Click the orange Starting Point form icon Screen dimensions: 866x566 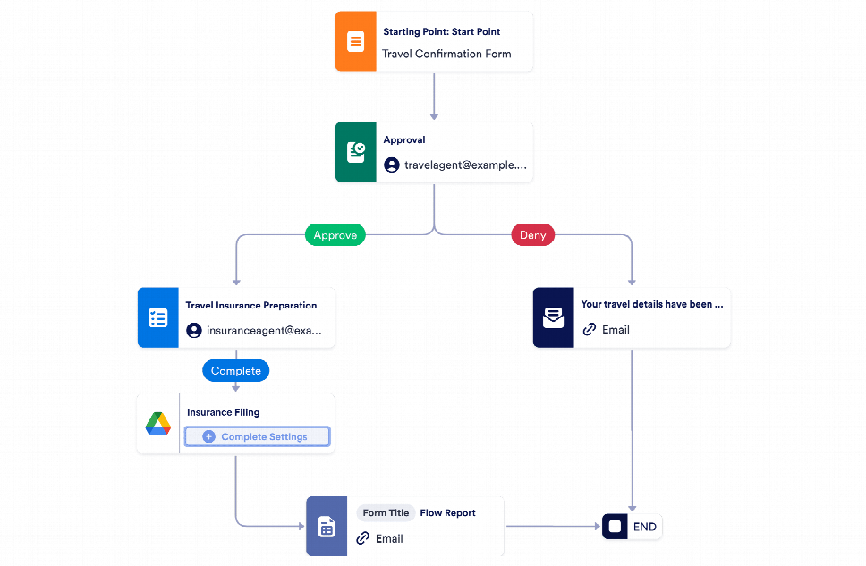pyautogui.click(x=356, y=41)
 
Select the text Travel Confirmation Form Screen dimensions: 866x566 pyautogui.click(x=446, y=54)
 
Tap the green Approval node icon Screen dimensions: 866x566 pyautogui.click(x=356, y=152)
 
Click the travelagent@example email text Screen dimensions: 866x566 pyautogui.click(x=465, y=165)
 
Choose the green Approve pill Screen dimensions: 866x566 pyautogui.click(x=335, y=234)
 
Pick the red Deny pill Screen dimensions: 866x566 pyautogui.click(x=533, y=234)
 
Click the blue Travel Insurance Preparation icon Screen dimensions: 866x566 pyautogui.click(x=158, y=317)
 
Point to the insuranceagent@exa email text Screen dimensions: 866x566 pyautogui.click(x=264, y=330)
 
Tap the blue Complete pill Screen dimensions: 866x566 pyautogui.click(x=236, y=370)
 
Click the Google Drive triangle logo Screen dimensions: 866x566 pyautogui.click(x=158, y=424)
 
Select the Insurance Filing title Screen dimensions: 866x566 pyautogui.click(x=223, y=412)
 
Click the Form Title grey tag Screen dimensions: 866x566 pyautogui.click(x=386, y=513)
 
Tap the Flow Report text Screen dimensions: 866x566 pyautogui.click(x=447, y=513)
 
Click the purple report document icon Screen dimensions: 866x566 pyautogui.click(x=327, y=527)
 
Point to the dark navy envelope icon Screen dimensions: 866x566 pyautogui.click(x=554, y=317)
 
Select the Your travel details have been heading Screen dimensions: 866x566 pyautogui.click(x=651, y=304)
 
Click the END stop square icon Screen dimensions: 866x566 pyautogui.click(x=615, y=527)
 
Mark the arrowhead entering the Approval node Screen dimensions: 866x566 pyautogui.click(x=434, y=116)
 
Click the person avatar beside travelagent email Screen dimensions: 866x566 pyautogui.click(x=392, y=165)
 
